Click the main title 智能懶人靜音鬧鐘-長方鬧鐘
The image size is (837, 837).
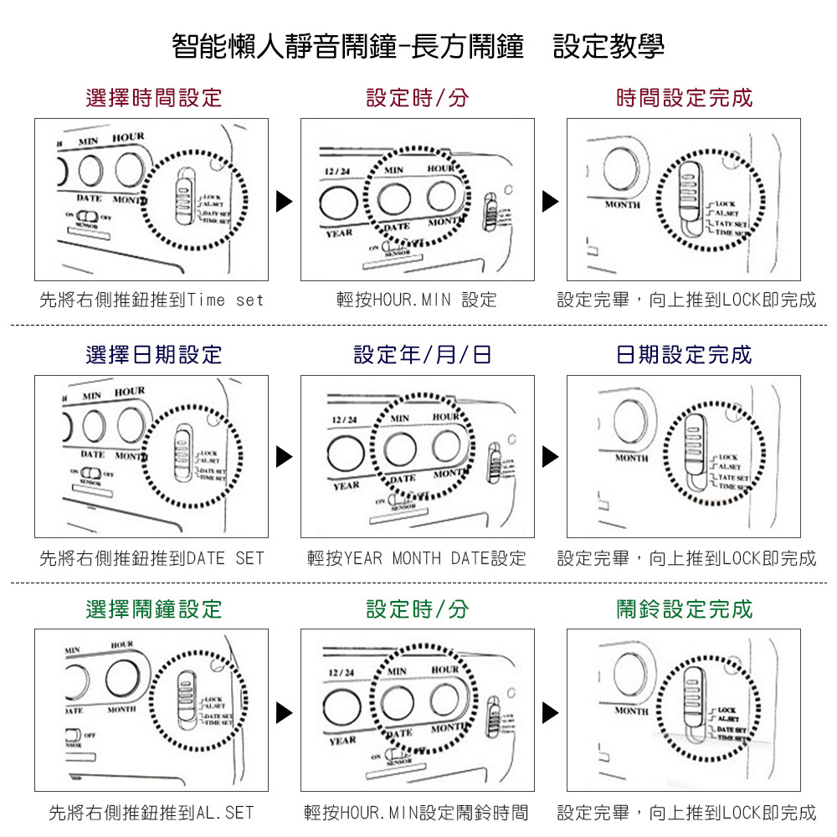[x=347, y=46]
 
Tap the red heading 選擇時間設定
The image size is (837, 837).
[x=154, y=98]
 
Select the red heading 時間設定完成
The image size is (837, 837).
[x=685, y=98]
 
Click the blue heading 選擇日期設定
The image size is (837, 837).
[x=154, y=355]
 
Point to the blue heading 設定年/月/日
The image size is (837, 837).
[x=423, y=355]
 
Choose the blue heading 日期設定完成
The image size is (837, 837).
[x=685, y=355]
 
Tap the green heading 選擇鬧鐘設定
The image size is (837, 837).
[x=154, y=609]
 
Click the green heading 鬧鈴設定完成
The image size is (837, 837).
[x=685, y=609]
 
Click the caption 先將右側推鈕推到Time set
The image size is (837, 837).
[x=151, y=300]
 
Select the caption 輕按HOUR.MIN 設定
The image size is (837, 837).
[x=417, y=300]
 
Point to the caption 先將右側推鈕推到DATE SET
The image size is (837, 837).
[x=151, y=557]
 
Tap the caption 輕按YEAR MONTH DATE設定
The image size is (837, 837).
[x=417, y=557]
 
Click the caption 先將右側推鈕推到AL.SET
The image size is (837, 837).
[x=151, y=812]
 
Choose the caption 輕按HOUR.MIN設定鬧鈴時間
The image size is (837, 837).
[x=417, y=812]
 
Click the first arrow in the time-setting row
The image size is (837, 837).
[x=285, y=201]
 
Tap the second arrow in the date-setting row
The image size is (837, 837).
[x=550, y=457]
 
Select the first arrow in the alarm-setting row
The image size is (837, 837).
[x=285, y=712]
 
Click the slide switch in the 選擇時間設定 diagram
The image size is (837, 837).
[x=185, y=198]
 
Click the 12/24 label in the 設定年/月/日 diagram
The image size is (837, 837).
[x=345, y=418]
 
